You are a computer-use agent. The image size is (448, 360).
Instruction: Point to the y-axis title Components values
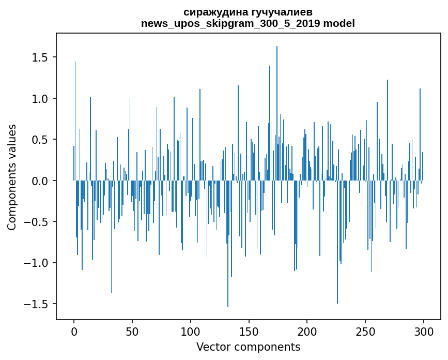click(x=12, y=177)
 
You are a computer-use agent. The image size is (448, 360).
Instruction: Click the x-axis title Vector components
click(x=248, y=347)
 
